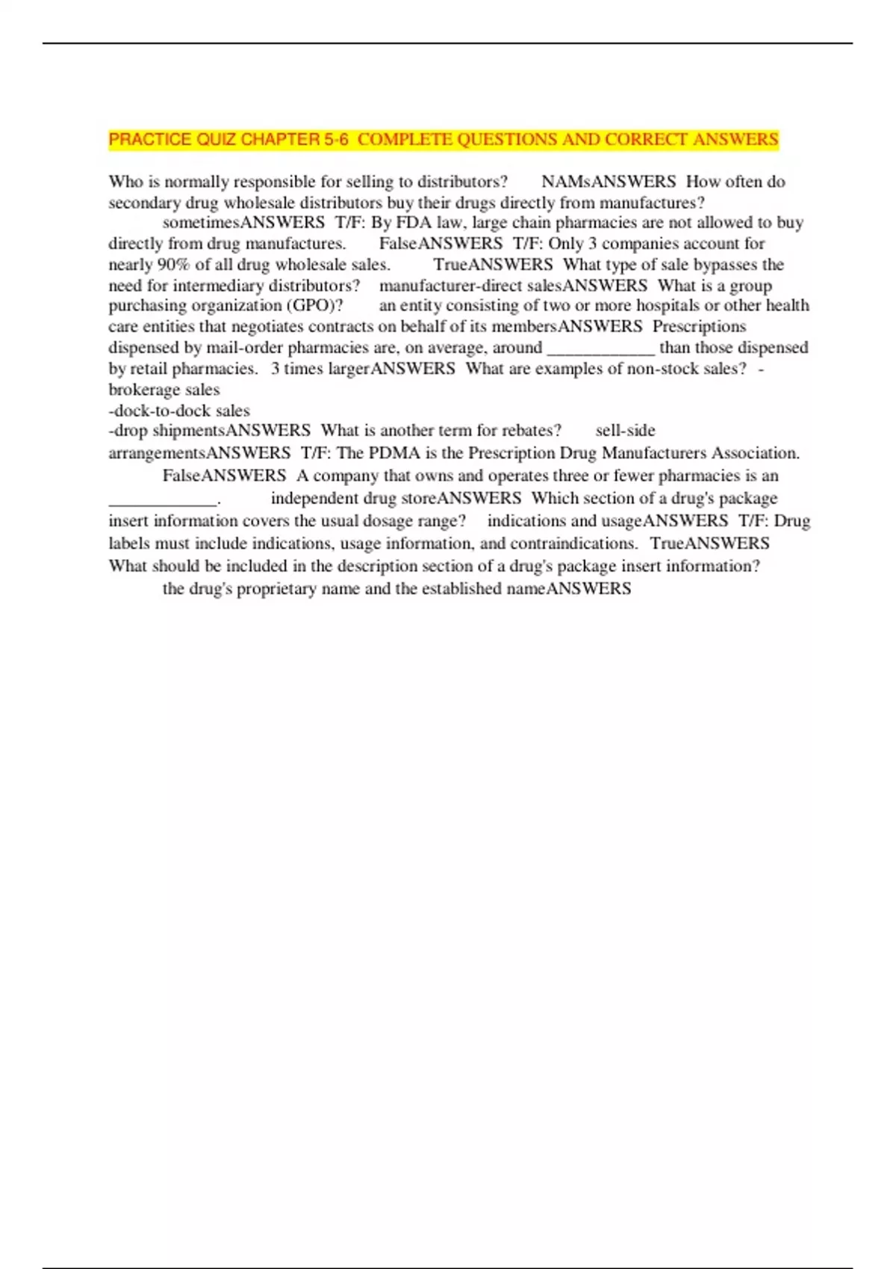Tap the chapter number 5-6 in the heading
(x=335, y=140)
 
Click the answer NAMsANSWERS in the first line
(x=608, y=182)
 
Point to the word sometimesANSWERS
(x=243, y=222)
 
